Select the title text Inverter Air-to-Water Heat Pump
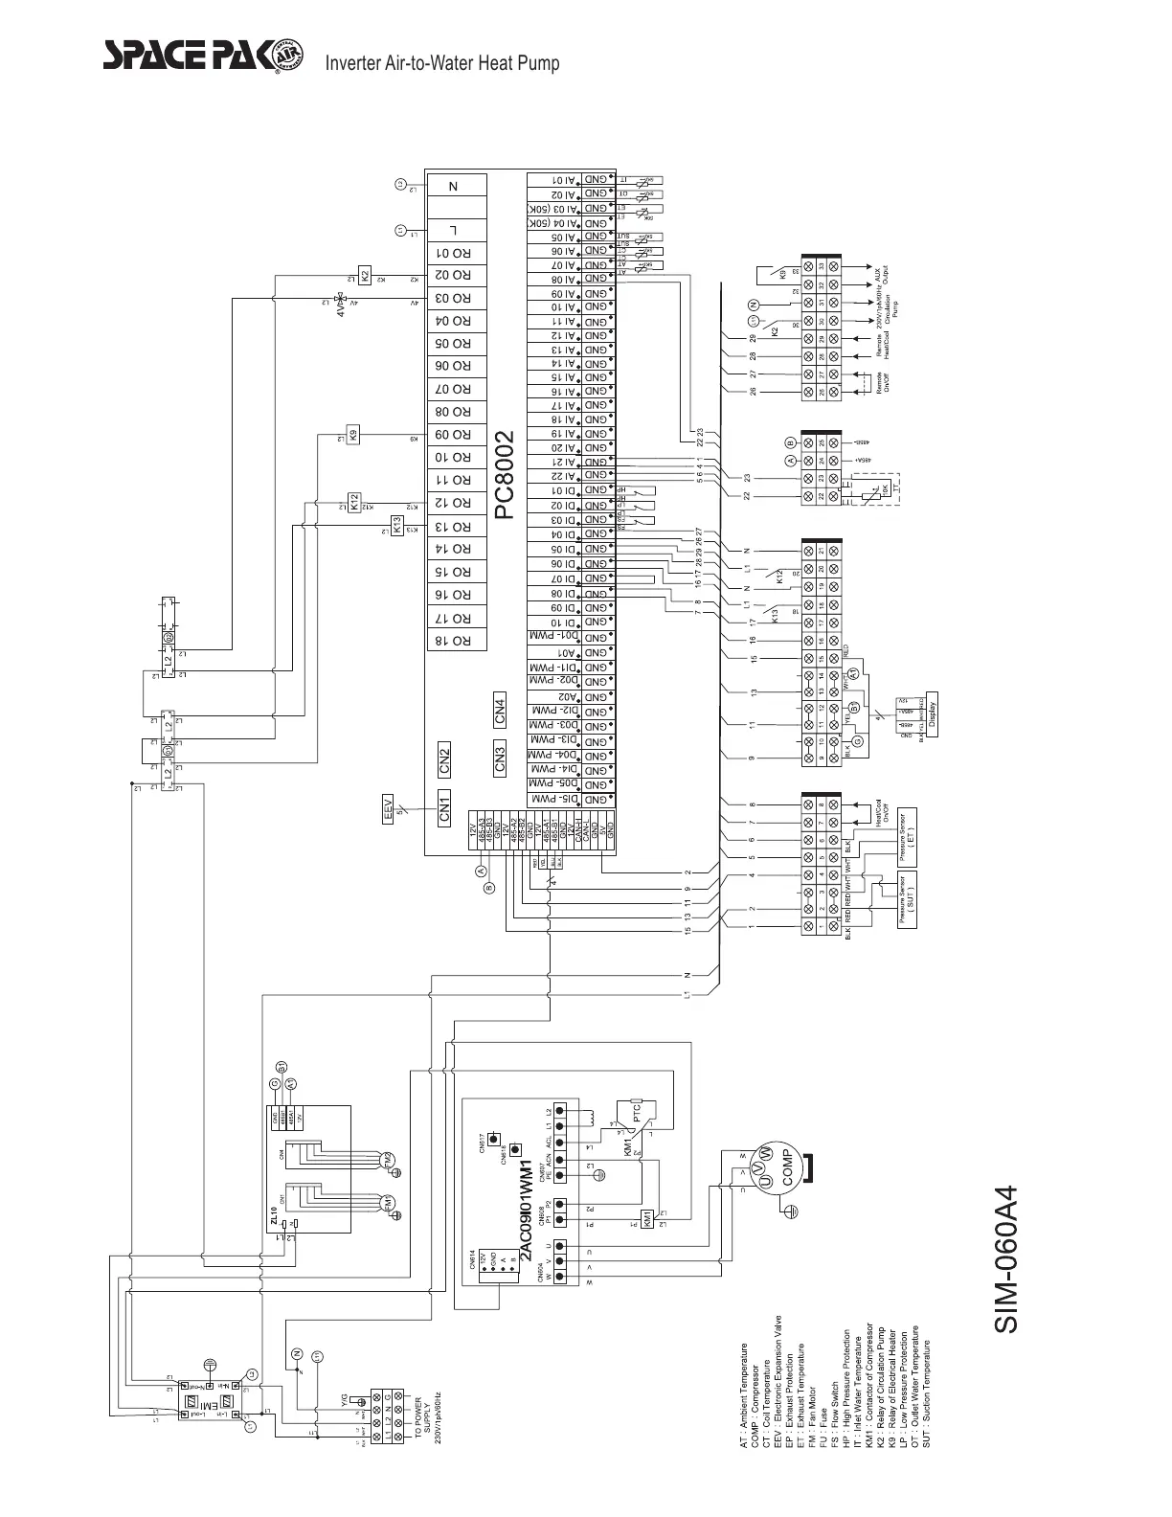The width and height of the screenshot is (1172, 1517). tap(442, 64)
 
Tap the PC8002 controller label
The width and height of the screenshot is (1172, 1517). tap(505, 476)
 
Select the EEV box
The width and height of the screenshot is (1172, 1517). tap(389, 807)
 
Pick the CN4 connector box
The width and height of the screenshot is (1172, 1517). tap(500, 712)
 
